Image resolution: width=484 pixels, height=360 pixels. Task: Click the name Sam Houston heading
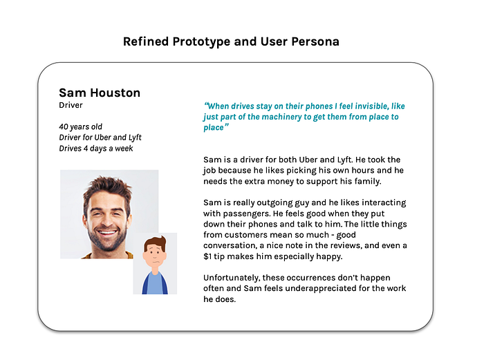(x=100, y=93)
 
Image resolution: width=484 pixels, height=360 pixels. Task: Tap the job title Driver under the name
(x=71, y=105)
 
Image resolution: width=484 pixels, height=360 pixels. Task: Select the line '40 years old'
(x=81, y=126)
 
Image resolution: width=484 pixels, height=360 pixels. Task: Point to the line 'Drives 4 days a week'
(x=96, y=149)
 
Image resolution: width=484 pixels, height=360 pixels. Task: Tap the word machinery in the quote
(x=282, y=117)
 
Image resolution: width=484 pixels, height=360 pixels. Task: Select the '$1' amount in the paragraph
(x=207, y=256)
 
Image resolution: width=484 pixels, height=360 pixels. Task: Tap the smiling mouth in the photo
(x=106, y=232)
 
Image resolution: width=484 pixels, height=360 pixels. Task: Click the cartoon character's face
(x=155, y=255)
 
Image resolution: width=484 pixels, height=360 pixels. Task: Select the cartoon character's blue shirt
(x=155, y=284)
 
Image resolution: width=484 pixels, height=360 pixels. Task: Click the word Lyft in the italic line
(x=136, y=138)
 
